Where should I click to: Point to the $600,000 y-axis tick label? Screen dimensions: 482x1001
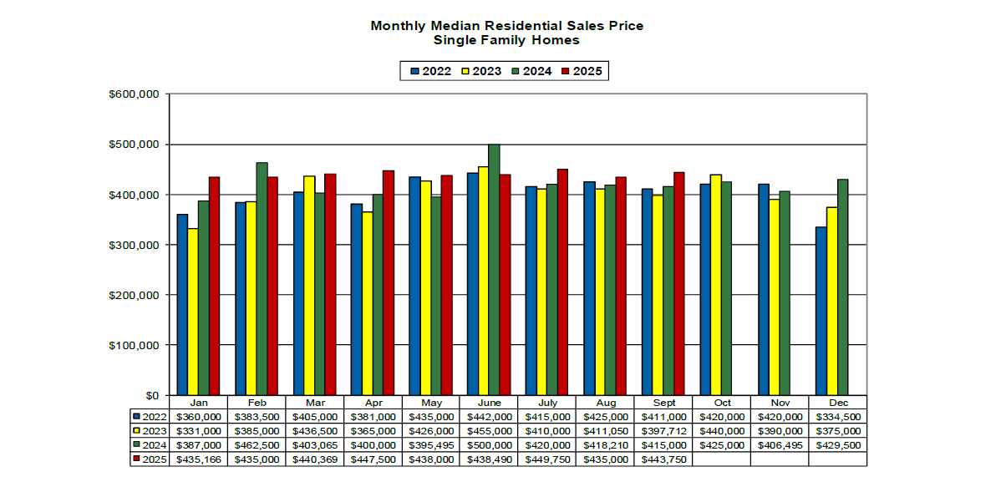134,94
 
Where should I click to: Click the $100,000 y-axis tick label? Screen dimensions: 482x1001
134,345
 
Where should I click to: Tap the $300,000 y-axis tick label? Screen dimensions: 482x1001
134,245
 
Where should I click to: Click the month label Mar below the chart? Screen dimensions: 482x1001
315,403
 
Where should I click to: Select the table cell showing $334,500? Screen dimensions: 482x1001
838,416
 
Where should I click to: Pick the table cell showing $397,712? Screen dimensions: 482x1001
664,430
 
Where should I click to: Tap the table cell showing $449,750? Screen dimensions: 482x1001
548,459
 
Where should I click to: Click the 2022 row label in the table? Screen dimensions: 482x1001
148,416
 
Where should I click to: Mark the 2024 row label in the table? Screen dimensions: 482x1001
148,444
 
